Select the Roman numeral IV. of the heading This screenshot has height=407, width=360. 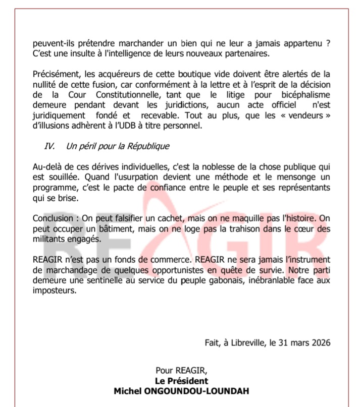49,146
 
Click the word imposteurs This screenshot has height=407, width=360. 55,292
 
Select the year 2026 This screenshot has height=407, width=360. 320,342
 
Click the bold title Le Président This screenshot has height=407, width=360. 181,381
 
